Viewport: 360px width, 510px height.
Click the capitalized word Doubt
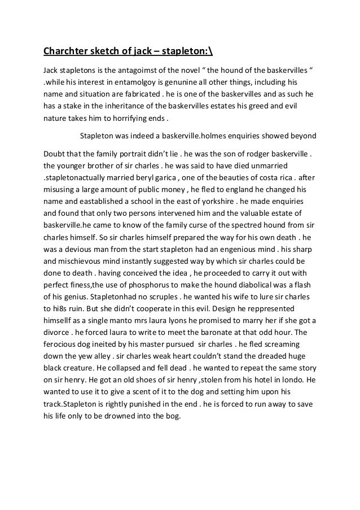point(54,153)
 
